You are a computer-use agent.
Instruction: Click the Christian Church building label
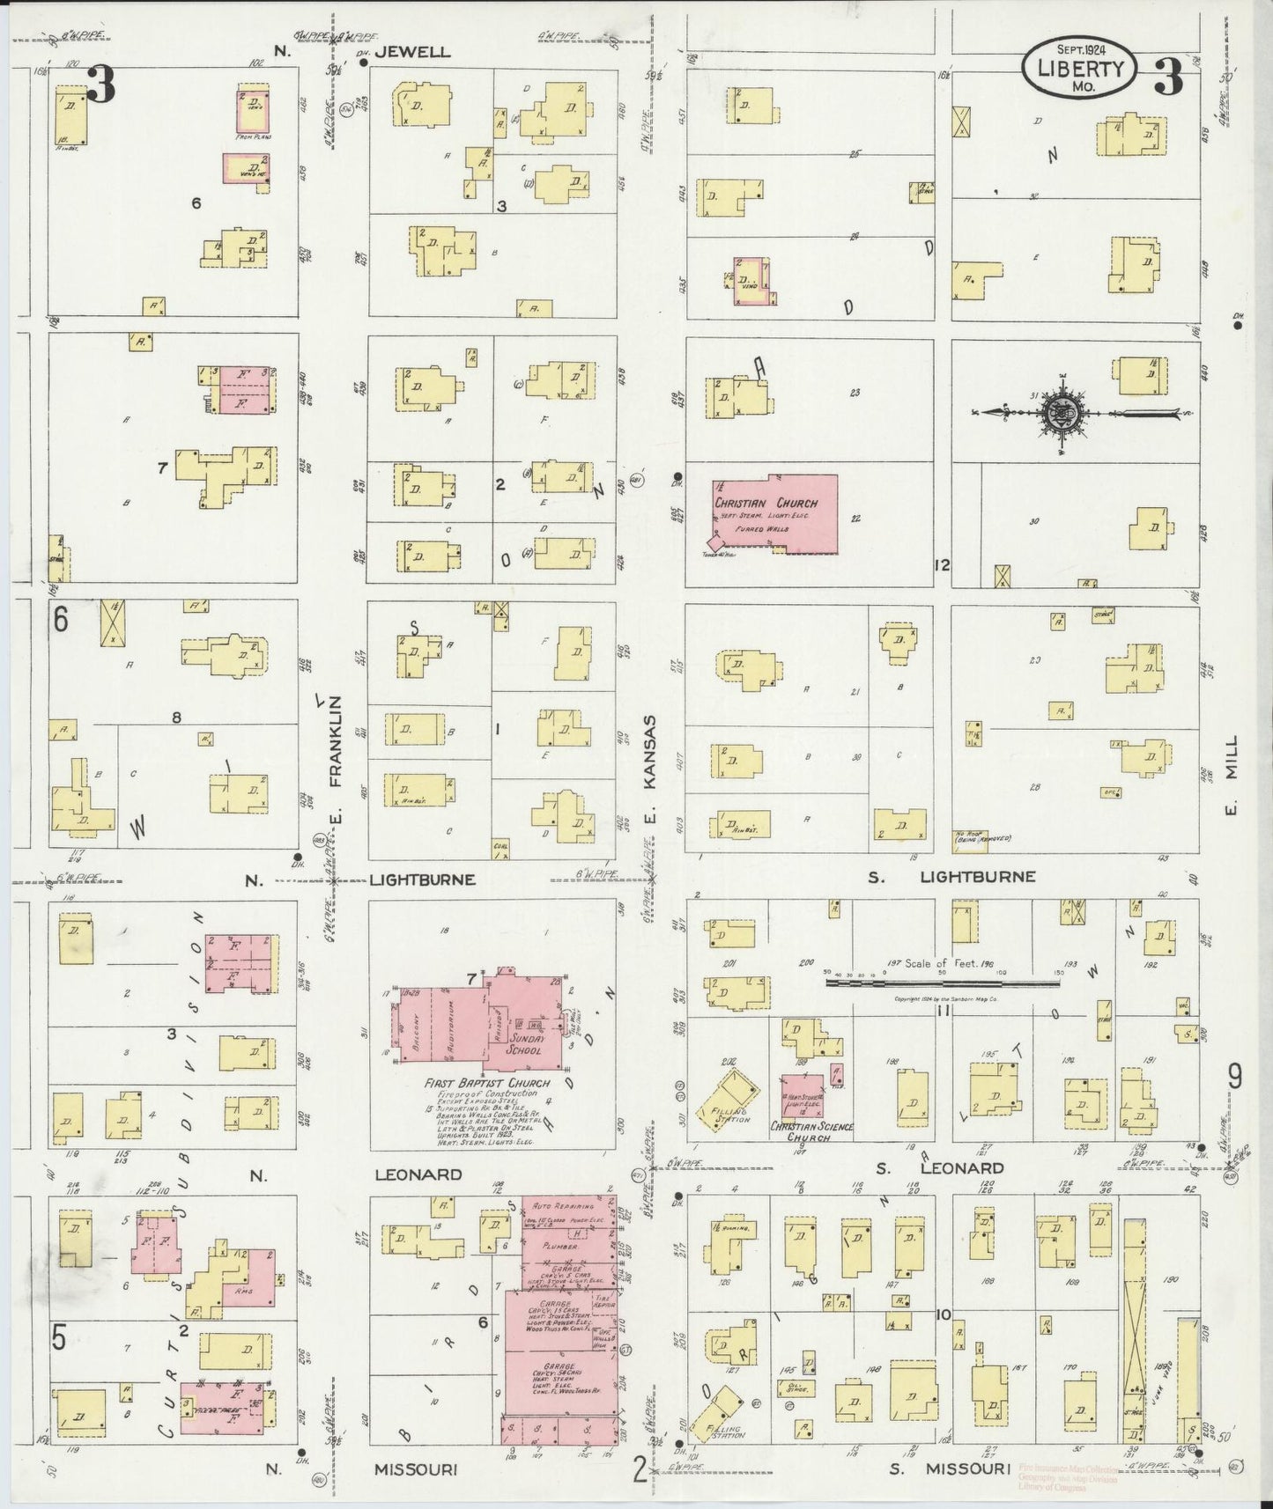[766, 503]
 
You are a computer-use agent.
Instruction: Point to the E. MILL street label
[1232, 775]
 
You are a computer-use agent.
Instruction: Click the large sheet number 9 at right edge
[1236, 1075]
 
